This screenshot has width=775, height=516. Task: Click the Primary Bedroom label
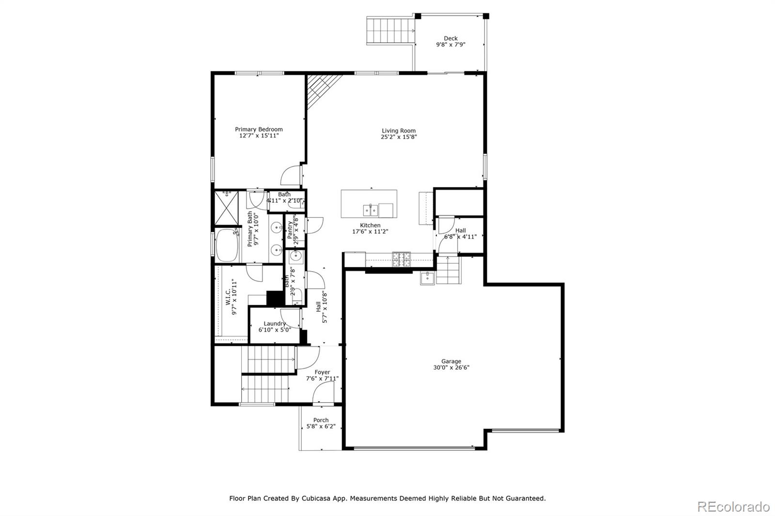click(259, 129)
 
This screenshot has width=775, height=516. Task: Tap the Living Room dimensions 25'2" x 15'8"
click(399, 137)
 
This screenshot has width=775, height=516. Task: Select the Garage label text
click(451, 361)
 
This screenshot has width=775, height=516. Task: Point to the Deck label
click(450, 38)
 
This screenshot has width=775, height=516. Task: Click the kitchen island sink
click(371, 211)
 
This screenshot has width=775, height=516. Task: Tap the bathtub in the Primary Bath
click(226, 245)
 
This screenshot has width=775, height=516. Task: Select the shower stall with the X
click(226, 208)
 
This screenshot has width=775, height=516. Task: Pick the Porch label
click(321, 420)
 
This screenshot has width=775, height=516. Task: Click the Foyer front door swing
click(322, 393)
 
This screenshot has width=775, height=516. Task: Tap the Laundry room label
click(275, 324)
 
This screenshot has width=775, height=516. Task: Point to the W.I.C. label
click(228, 297)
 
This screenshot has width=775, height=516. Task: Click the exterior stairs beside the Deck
click(390, 30)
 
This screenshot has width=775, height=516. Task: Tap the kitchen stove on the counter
click(401, 260)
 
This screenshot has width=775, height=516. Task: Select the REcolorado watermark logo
click(733, 506)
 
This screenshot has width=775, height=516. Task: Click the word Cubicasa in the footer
click(317, 498)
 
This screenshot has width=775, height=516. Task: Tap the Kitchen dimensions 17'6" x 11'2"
click(370, 232)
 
